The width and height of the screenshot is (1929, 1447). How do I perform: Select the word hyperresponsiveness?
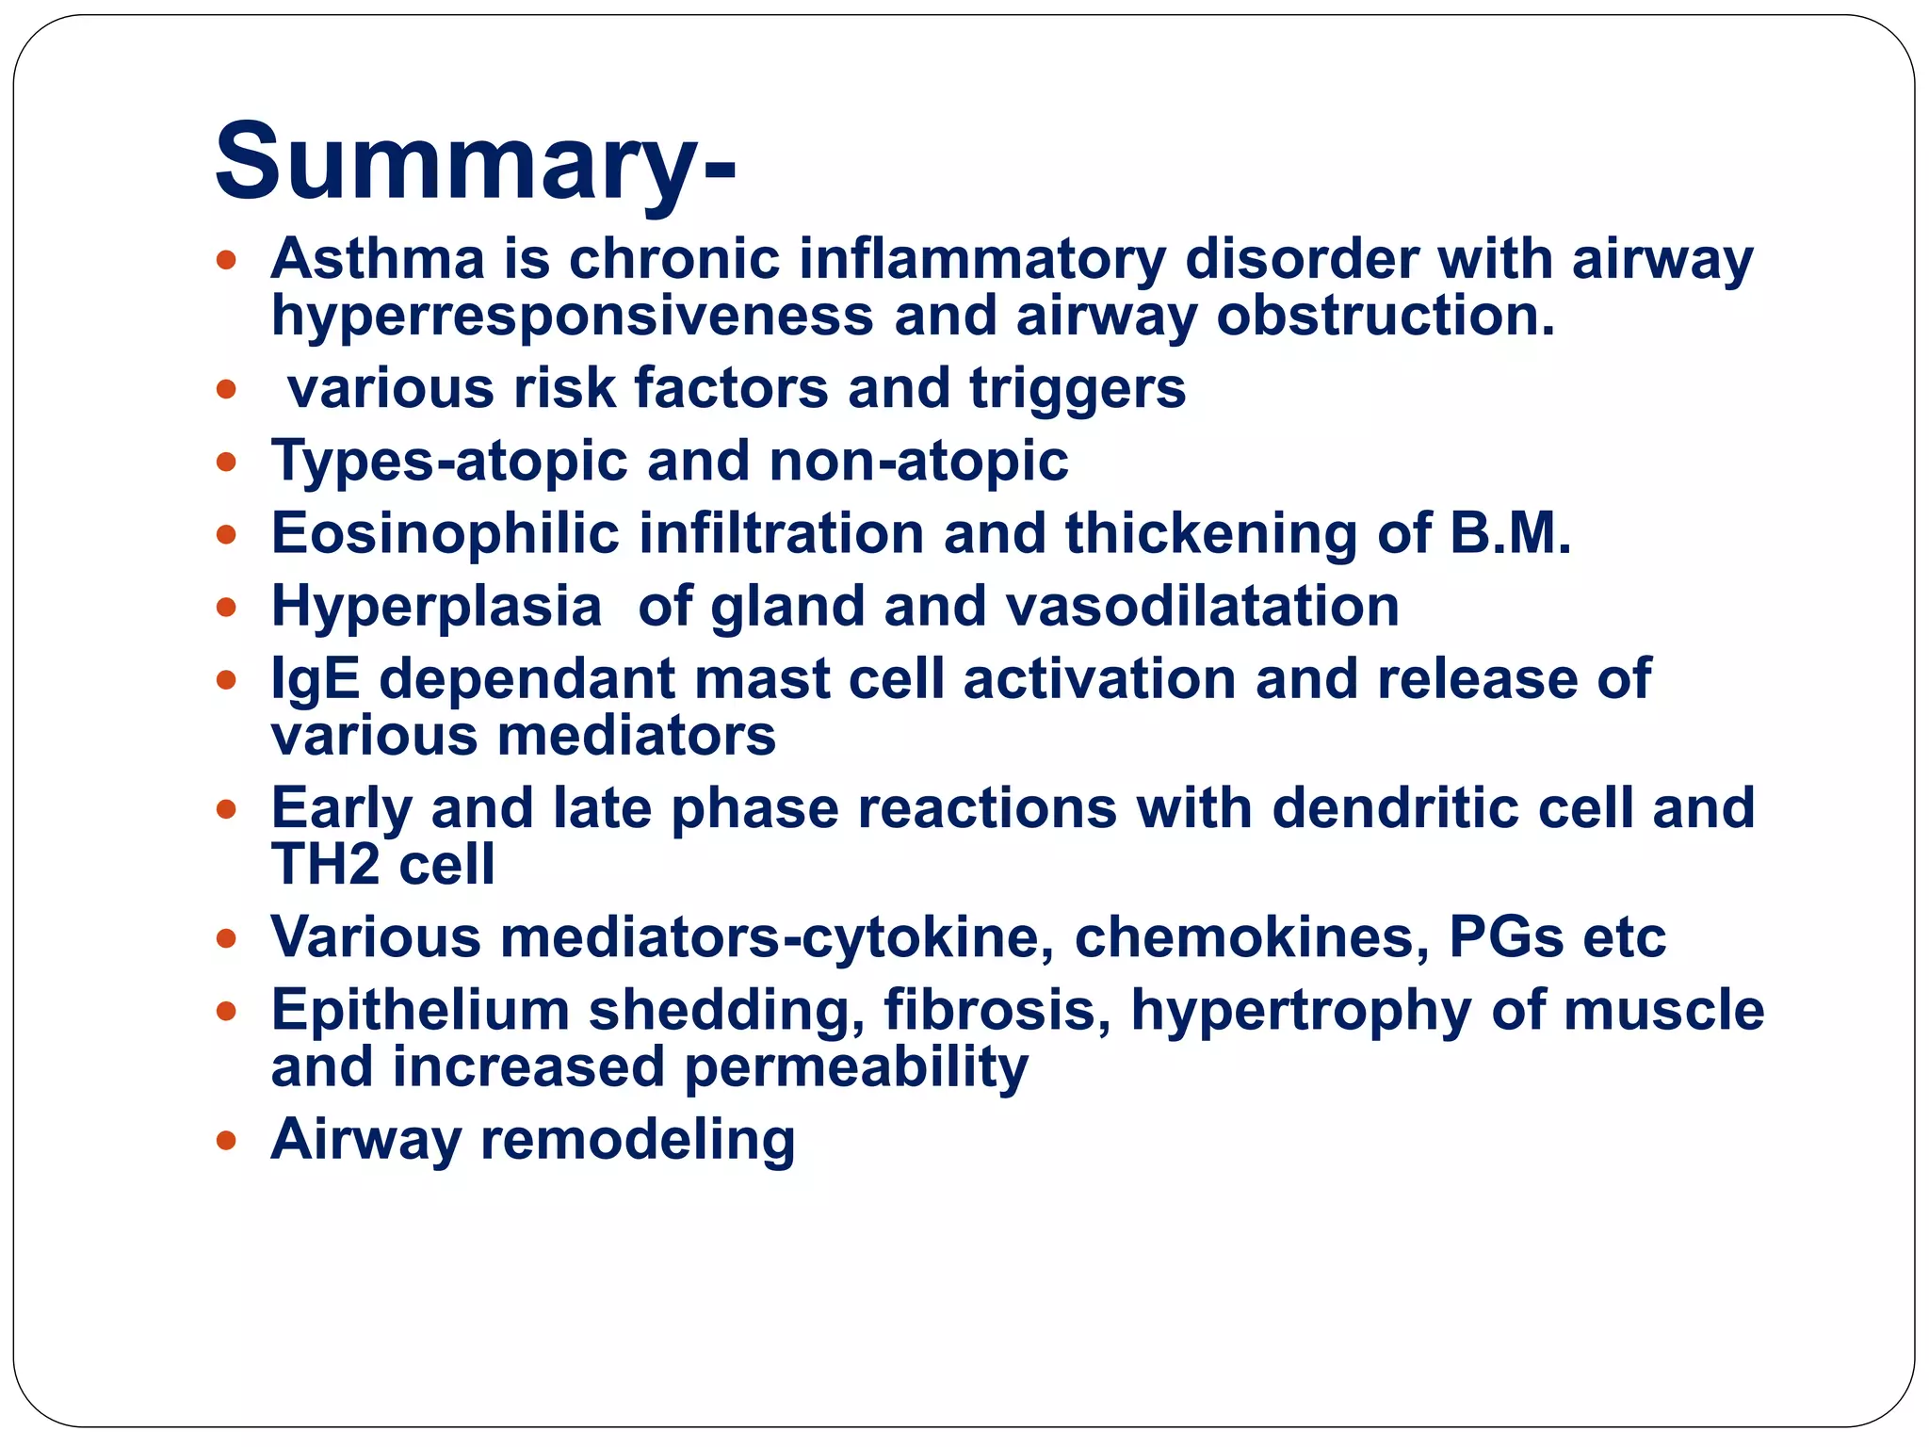(572, 317)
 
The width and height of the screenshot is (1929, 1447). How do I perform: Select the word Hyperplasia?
(436, 606)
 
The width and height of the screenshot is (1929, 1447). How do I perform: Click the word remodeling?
(638, 1140)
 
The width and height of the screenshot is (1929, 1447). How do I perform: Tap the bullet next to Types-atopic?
(226, 463)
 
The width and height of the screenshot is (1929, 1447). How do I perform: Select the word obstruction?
(1385, 317)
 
